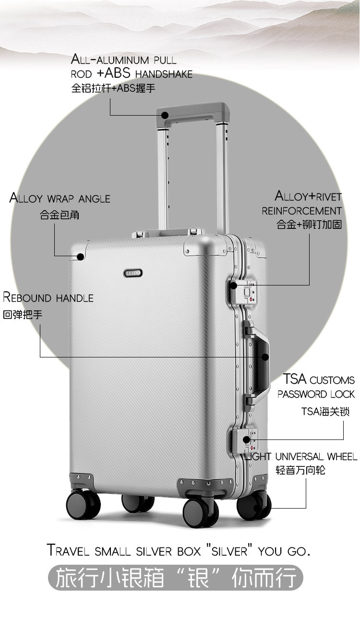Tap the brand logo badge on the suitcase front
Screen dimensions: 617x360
pos(133,272)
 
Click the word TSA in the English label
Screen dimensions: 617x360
pos(294,379)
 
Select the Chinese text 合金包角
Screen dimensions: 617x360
pos(60,215)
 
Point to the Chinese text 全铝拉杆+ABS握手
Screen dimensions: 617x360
pos(113,89)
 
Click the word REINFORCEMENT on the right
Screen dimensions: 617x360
pos(301,211)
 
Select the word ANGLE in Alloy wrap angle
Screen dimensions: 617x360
pos(95,199)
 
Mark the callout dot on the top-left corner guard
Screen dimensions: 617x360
pos(80,257)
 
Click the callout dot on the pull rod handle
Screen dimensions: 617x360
pos(165,115)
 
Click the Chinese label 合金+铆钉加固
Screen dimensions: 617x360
pos(309,224)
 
